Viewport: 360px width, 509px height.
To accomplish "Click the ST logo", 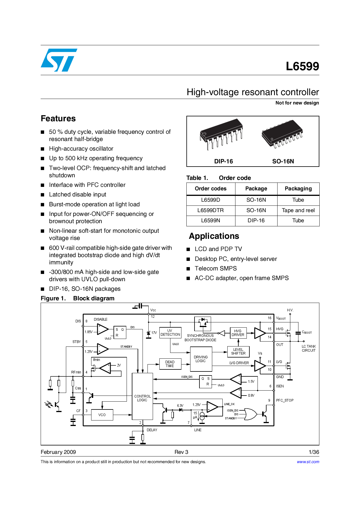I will point(59,60).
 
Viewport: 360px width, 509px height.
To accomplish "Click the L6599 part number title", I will point(302,66).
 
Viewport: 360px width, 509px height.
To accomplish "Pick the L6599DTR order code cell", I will point(210,210).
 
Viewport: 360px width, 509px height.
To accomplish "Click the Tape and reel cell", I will point(298,210).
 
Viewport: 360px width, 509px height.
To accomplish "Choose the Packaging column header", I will point(298,189).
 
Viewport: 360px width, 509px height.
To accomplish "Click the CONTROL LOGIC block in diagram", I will point(142,398).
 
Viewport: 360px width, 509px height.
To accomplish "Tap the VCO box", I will point(102,415).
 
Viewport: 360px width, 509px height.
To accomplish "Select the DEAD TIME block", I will point(170,364).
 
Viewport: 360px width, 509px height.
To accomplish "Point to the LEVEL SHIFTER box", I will point(238,351).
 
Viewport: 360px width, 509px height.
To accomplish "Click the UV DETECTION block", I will point(170,333).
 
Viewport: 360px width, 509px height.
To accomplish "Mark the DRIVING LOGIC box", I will point(201,359).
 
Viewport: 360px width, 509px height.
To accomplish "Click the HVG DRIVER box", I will point(238,333).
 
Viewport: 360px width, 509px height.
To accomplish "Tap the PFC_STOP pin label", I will point(285,400).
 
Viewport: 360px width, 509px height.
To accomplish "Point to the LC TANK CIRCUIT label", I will point(308,349).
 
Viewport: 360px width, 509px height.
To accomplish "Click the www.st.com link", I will point(308,462).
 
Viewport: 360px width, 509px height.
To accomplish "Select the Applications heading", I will point(214,236).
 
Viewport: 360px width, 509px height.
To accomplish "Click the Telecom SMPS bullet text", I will point(215,268).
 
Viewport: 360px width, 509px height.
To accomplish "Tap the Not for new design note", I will point(297,103).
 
